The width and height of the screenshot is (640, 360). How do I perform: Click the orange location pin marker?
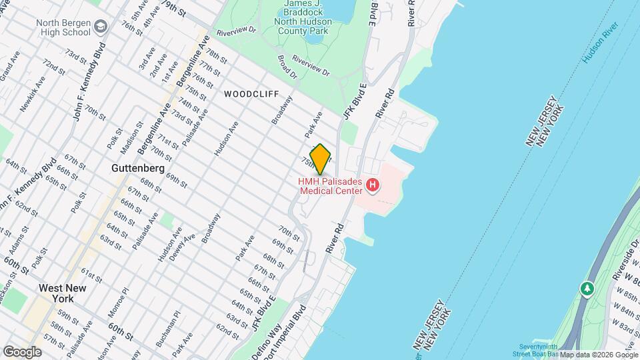(x=321, y=159)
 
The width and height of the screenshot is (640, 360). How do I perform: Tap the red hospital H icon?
(x=373, y=185)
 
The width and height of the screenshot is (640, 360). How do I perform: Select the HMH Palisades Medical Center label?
(x=331, y=186)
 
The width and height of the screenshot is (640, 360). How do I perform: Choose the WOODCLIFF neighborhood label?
(x=251, y=94)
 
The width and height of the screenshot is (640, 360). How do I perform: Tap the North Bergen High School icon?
(x=101, y=27)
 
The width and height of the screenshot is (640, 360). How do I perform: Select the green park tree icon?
(x=587, y=289)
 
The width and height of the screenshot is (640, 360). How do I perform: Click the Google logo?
(x=23, y=351)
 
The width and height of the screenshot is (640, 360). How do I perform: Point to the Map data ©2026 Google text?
(x=599, y=355)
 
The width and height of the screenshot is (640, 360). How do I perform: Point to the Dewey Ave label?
(x=191, y=247)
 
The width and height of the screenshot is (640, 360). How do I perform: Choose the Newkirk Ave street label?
(x=33, y=93)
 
